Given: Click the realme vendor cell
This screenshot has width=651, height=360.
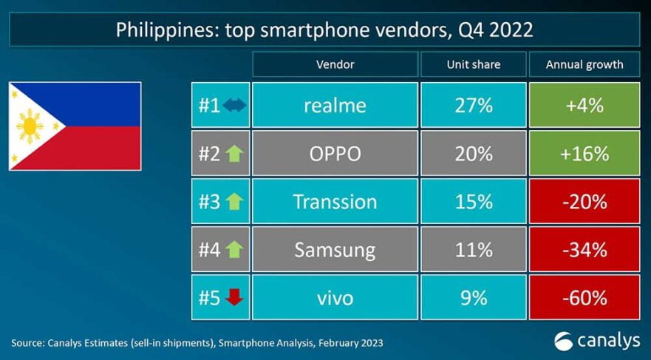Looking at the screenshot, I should [x=335, y=106].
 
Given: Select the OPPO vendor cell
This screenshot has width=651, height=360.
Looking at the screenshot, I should [x=335, y=154].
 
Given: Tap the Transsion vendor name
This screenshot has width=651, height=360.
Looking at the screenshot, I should [x=335, y=202].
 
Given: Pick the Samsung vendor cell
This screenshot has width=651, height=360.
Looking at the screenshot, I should [x=335, y=250].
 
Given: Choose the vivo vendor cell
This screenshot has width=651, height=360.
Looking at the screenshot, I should [x=335, y=298].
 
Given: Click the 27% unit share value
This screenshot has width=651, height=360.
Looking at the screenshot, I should [x=473, y=106].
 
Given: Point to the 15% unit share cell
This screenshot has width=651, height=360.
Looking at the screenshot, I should [x=473, y=202].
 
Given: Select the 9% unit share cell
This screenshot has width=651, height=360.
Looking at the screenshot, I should [x=473, y=298].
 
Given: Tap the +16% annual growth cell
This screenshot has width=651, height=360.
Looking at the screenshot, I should [x=584, y=154].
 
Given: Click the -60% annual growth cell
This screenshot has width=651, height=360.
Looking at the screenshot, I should [x=584, y=298].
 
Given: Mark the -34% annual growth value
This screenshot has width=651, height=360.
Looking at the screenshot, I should [x=584, y=250].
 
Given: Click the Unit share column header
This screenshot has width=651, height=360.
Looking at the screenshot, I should [x=473, y=64].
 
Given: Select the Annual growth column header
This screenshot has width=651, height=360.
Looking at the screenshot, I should [x=584, y=64].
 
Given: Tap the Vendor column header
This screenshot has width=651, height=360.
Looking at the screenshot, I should [x=335, y=64].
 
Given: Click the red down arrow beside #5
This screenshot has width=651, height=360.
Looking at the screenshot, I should [x=234, y=298].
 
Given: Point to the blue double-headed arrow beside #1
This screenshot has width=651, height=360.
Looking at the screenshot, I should [x=234, y=106].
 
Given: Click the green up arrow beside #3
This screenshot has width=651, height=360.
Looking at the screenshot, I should [x=234, y=202].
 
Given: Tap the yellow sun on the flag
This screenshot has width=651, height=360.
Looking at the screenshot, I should [x=30, y=126].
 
